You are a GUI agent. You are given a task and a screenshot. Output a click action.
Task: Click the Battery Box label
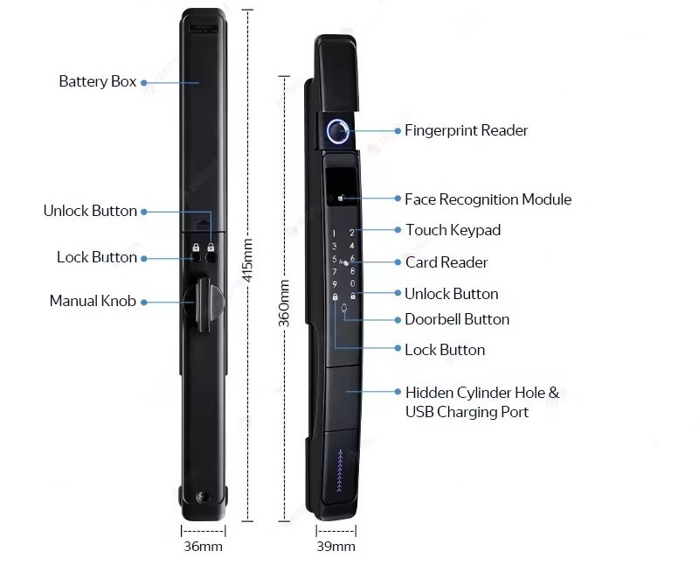click(97, 81)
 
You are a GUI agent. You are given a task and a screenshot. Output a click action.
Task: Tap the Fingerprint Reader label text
click(466, 130)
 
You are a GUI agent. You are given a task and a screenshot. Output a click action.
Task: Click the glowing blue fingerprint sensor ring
click(339, 132)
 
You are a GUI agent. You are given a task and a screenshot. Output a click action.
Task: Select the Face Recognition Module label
click(488, 199)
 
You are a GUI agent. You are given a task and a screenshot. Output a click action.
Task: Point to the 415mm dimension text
click(247, 263)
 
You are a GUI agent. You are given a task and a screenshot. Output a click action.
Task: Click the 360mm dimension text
click(285, 303)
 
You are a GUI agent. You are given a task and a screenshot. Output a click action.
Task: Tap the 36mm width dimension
click(204, 547)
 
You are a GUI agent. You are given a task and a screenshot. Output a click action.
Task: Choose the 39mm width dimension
click(336, 547)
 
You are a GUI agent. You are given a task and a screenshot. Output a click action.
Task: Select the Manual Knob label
click(93, 301)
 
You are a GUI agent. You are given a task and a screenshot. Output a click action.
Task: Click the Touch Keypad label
click(453, 230)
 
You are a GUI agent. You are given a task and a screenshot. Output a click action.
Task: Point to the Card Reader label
click(446, 262)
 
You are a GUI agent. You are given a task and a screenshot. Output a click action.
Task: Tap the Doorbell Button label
click(457, 319)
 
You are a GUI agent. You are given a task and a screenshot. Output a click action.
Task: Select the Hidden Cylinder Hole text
click(481, 393)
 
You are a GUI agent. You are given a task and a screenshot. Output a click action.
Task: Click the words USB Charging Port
click(467, 412)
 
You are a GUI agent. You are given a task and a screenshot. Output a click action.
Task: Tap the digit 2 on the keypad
click(352, 233)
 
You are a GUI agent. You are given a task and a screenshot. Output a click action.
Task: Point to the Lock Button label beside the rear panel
click(96, 257)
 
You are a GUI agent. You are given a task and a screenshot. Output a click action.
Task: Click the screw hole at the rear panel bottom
click(203, 496)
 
